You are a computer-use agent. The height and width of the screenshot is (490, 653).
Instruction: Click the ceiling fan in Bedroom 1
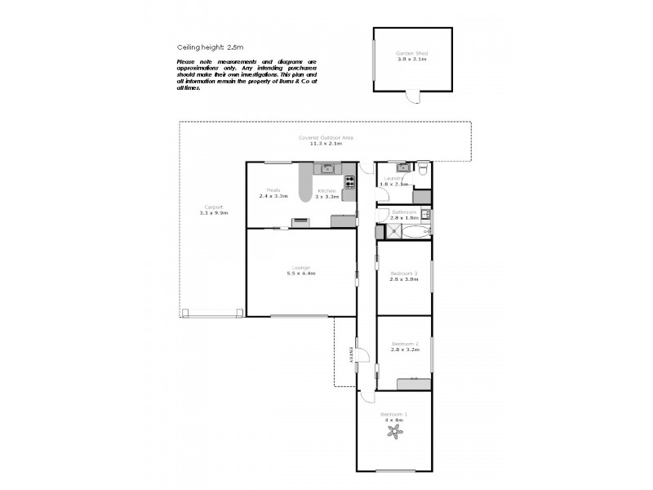397,432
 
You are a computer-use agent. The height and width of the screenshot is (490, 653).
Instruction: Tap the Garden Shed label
412,54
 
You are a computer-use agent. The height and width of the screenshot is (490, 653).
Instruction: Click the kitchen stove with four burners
349,181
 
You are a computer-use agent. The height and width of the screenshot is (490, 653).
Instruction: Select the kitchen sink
326,169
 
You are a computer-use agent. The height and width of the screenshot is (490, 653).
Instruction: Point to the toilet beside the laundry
422,170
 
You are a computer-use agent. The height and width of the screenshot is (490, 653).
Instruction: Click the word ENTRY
352,353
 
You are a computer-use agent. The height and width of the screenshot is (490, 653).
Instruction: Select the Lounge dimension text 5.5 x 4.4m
300,274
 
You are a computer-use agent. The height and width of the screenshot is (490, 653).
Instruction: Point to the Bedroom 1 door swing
368,398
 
